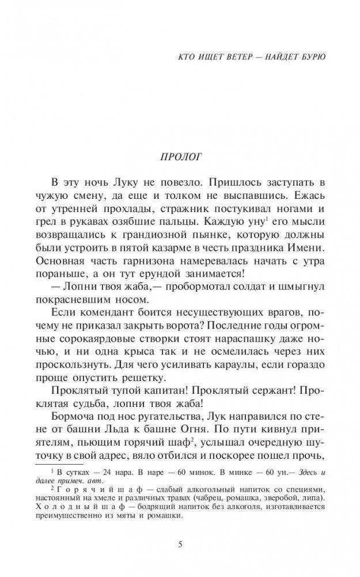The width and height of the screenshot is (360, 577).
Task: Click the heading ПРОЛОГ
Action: (180, 157)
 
